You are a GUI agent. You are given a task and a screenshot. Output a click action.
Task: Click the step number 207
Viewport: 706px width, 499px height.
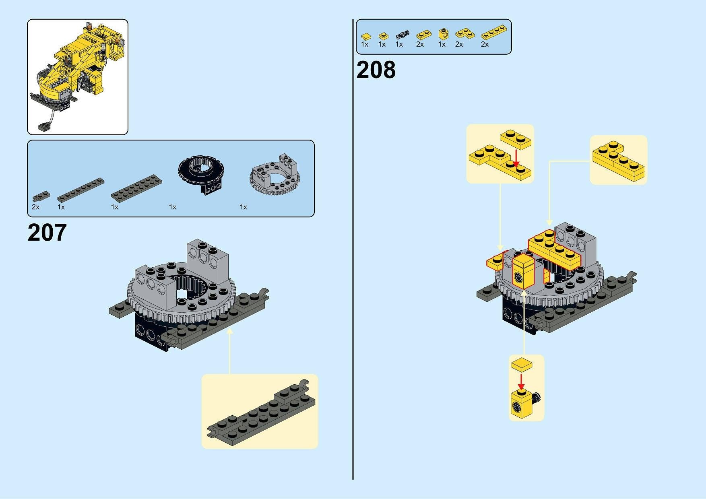[47, 233]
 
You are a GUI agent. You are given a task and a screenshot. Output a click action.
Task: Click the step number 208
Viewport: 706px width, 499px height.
[376, 70]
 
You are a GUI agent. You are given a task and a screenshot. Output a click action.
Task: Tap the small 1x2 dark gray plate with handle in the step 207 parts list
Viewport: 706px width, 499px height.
[42, 196]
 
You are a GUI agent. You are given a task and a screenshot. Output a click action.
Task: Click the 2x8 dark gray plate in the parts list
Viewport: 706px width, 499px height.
[137, 188]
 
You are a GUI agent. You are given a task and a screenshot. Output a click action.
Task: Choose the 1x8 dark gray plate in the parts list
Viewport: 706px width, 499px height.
[81, 190]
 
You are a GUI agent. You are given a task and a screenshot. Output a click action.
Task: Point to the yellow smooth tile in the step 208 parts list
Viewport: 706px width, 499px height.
[365, 36]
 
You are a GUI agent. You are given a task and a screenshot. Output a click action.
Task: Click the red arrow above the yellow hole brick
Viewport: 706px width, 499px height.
[521, 380]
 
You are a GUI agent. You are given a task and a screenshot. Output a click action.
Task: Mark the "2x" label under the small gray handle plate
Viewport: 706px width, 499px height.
[35, 207]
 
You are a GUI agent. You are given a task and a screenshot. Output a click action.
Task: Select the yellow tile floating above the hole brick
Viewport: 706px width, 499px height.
[521, 365]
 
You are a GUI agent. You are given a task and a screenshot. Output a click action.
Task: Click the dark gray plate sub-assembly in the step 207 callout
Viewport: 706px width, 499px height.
[261, 411]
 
